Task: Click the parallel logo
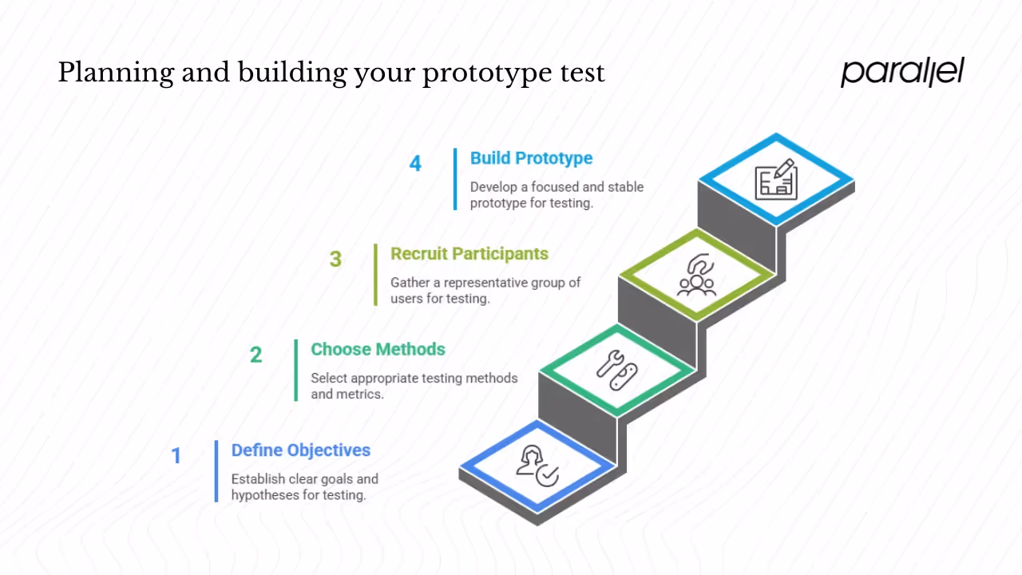click(x=902, y=72)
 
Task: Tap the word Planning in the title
click(x=115, y=74)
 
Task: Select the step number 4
click(x=415, y=164)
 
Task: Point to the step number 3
click(x=335, y=260)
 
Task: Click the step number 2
click(x=255, y=355)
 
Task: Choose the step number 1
click(x=176, y=456)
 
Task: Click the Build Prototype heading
click(x=531, y=158)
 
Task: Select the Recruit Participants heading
click(x=469, y=254)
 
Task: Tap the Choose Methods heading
click(x=378, y=349)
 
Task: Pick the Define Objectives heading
click(x=300, y=450)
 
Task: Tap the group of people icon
click(x=696, y=276)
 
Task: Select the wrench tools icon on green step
click(x=617, y=371)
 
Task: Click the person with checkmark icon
click(x=537, y=466)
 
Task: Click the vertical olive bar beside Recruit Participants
click(x=375, y=274)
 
